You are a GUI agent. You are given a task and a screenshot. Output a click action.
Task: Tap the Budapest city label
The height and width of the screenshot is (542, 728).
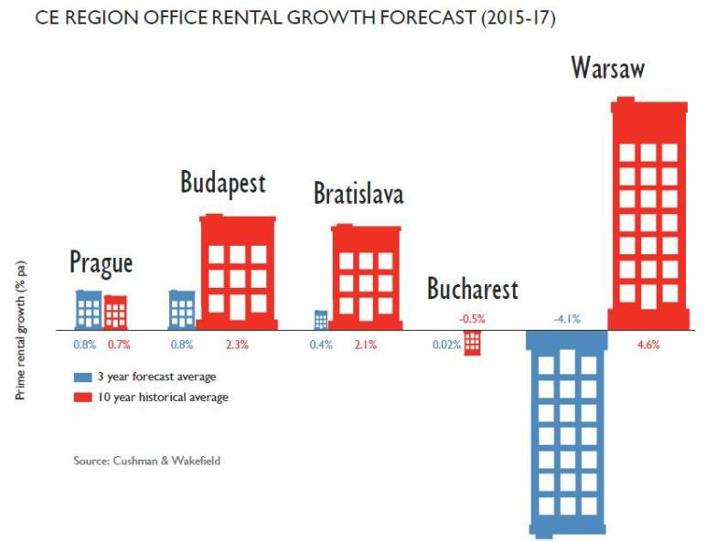(x=222, y=182)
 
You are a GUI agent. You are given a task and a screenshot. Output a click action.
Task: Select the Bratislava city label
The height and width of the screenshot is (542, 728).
(x=358, y=194)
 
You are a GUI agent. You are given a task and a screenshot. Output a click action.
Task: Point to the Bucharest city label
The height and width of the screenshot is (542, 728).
(x=472, y=290)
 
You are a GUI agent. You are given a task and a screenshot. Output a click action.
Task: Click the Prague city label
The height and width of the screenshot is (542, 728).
(x=101, y=263)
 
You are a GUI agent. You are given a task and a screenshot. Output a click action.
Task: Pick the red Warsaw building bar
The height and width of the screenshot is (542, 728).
(x=648, y=215)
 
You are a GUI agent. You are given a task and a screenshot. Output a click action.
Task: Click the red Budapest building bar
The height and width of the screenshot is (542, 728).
(x=237, y=271)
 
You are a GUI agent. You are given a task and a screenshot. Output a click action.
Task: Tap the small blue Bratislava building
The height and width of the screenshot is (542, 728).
(x=321, y=320)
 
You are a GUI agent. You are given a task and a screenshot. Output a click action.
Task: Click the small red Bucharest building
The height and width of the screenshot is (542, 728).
(x=472, y=342)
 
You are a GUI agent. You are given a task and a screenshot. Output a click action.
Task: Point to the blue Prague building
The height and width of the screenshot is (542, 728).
(x=89, y=310)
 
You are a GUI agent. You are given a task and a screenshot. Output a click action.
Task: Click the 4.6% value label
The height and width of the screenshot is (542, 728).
(x=648, y=345)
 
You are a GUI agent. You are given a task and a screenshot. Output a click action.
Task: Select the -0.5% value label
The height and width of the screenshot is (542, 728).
(x=472, y=319)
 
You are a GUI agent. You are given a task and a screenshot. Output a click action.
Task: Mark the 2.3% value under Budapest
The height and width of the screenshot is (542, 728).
(x=237, y=345)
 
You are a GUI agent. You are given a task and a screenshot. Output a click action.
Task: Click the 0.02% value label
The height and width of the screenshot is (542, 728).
(x=446, y=345)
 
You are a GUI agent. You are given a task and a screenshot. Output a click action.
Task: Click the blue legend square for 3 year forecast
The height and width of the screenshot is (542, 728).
(x=80, y=376)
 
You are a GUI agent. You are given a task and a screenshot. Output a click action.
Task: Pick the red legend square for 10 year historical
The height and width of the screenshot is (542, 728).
(x=80, y=398)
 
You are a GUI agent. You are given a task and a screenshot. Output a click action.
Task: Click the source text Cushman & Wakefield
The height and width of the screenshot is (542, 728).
(x=146, y=461)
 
